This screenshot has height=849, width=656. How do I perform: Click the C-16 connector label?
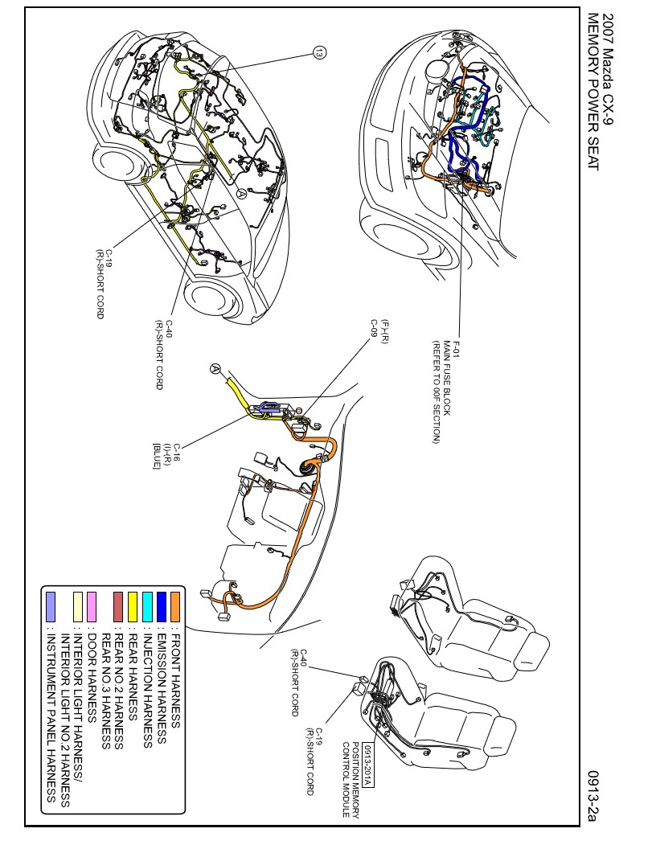click(178, 451)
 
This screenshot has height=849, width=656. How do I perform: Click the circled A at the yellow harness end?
click(215, 368)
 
